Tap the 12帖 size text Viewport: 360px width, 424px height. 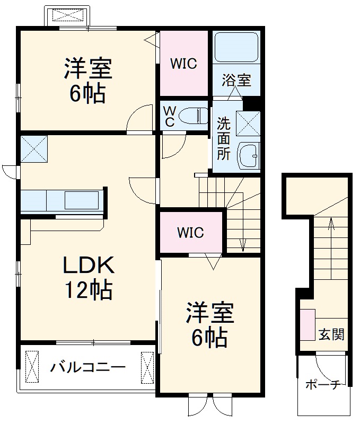pos(88,289)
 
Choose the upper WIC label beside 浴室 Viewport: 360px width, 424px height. pos(183,64)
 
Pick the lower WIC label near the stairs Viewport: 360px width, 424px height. pos(190,233)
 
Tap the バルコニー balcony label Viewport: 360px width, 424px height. pos(88,367)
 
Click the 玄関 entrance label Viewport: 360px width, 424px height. pos(331,334)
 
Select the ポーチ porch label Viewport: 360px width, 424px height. pos(322,385)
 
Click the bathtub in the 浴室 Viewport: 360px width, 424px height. pos(236,47)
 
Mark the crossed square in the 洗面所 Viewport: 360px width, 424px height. pos(248,124)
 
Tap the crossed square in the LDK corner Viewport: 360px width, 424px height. pos(34,148)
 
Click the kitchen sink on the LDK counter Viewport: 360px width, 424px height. pos(82,201)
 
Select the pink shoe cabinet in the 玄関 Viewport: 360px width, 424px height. pos(308,324)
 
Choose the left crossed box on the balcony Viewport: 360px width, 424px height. pos(32,366)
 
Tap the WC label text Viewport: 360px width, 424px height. pos(169,117)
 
